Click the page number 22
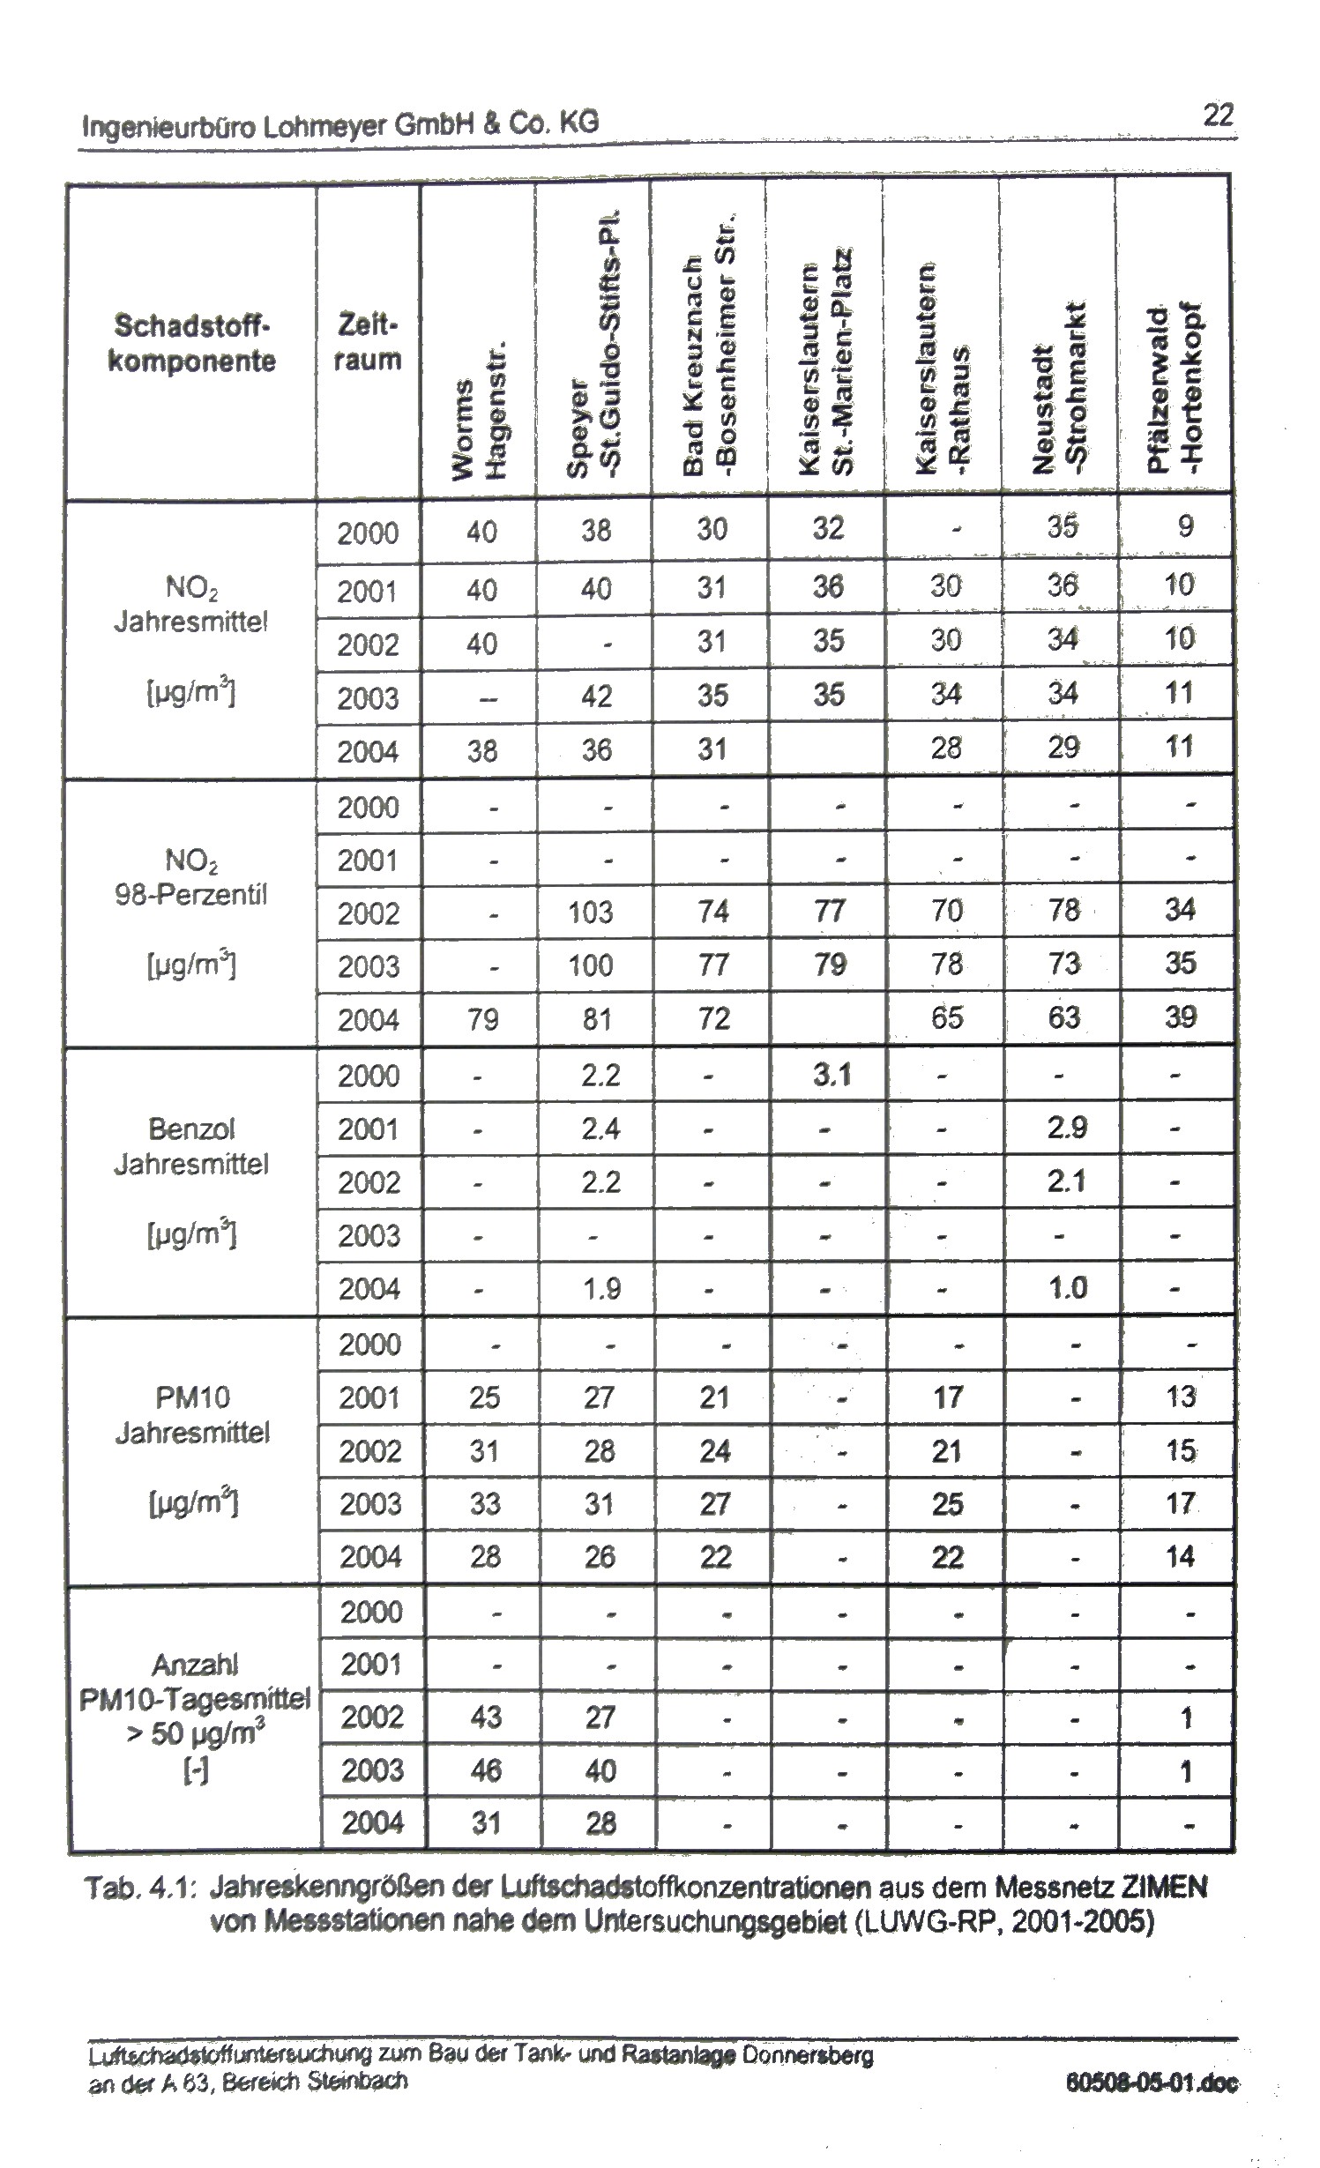coord(1218,115)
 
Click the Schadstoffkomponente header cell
coord(191,343)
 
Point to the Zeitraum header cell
coord(368,343)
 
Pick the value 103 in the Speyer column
coord(591,911)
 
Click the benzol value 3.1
coord(831,1074)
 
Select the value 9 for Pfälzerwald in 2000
coord(1186,526)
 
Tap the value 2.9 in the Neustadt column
coord(1067,1127)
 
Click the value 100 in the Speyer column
coord(591,965)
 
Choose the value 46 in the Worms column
coord(486,1769)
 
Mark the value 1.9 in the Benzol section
coord(600,1288)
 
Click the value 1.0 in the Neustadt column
coord(1067,1288)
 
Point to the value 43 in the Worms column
coord(486,1716)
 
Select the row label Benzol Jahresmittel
coord(191,1146)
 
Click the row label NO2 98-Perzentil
coord(191,877)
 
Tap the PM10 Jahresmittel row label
coord(191,1415)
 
